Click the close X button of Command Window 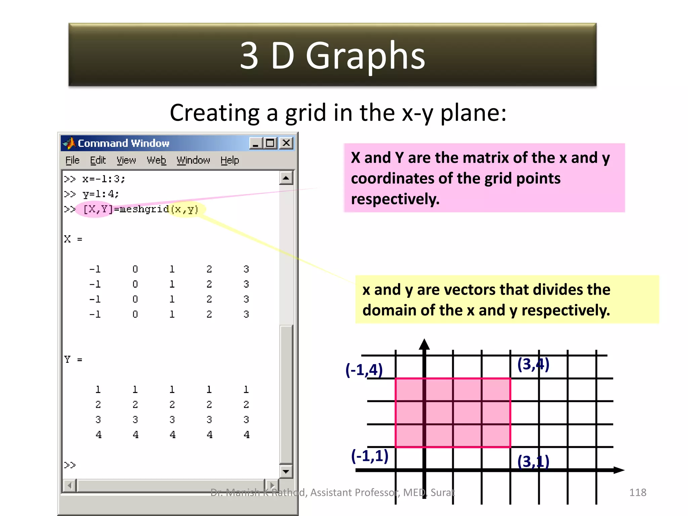(286, 143)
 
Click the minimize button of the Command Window (256, 143)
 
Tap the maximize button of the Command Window (270, 143)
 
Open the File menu (72, 161)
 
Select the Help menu (230, 161)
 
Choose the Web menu (156, 161)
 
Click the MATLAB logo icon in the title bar (70, 143)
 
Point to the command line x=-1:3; (103, 179)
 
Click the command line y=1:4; (100, 194)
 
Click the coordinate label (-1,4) (364, 370)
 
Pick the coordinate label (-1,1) (370, 456)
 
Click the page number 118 (637, 492)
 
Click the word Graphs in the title (365, 55)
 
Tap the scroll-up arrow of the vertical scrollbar (286, 178)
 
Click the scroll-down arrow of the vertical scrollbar (286, 472)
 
